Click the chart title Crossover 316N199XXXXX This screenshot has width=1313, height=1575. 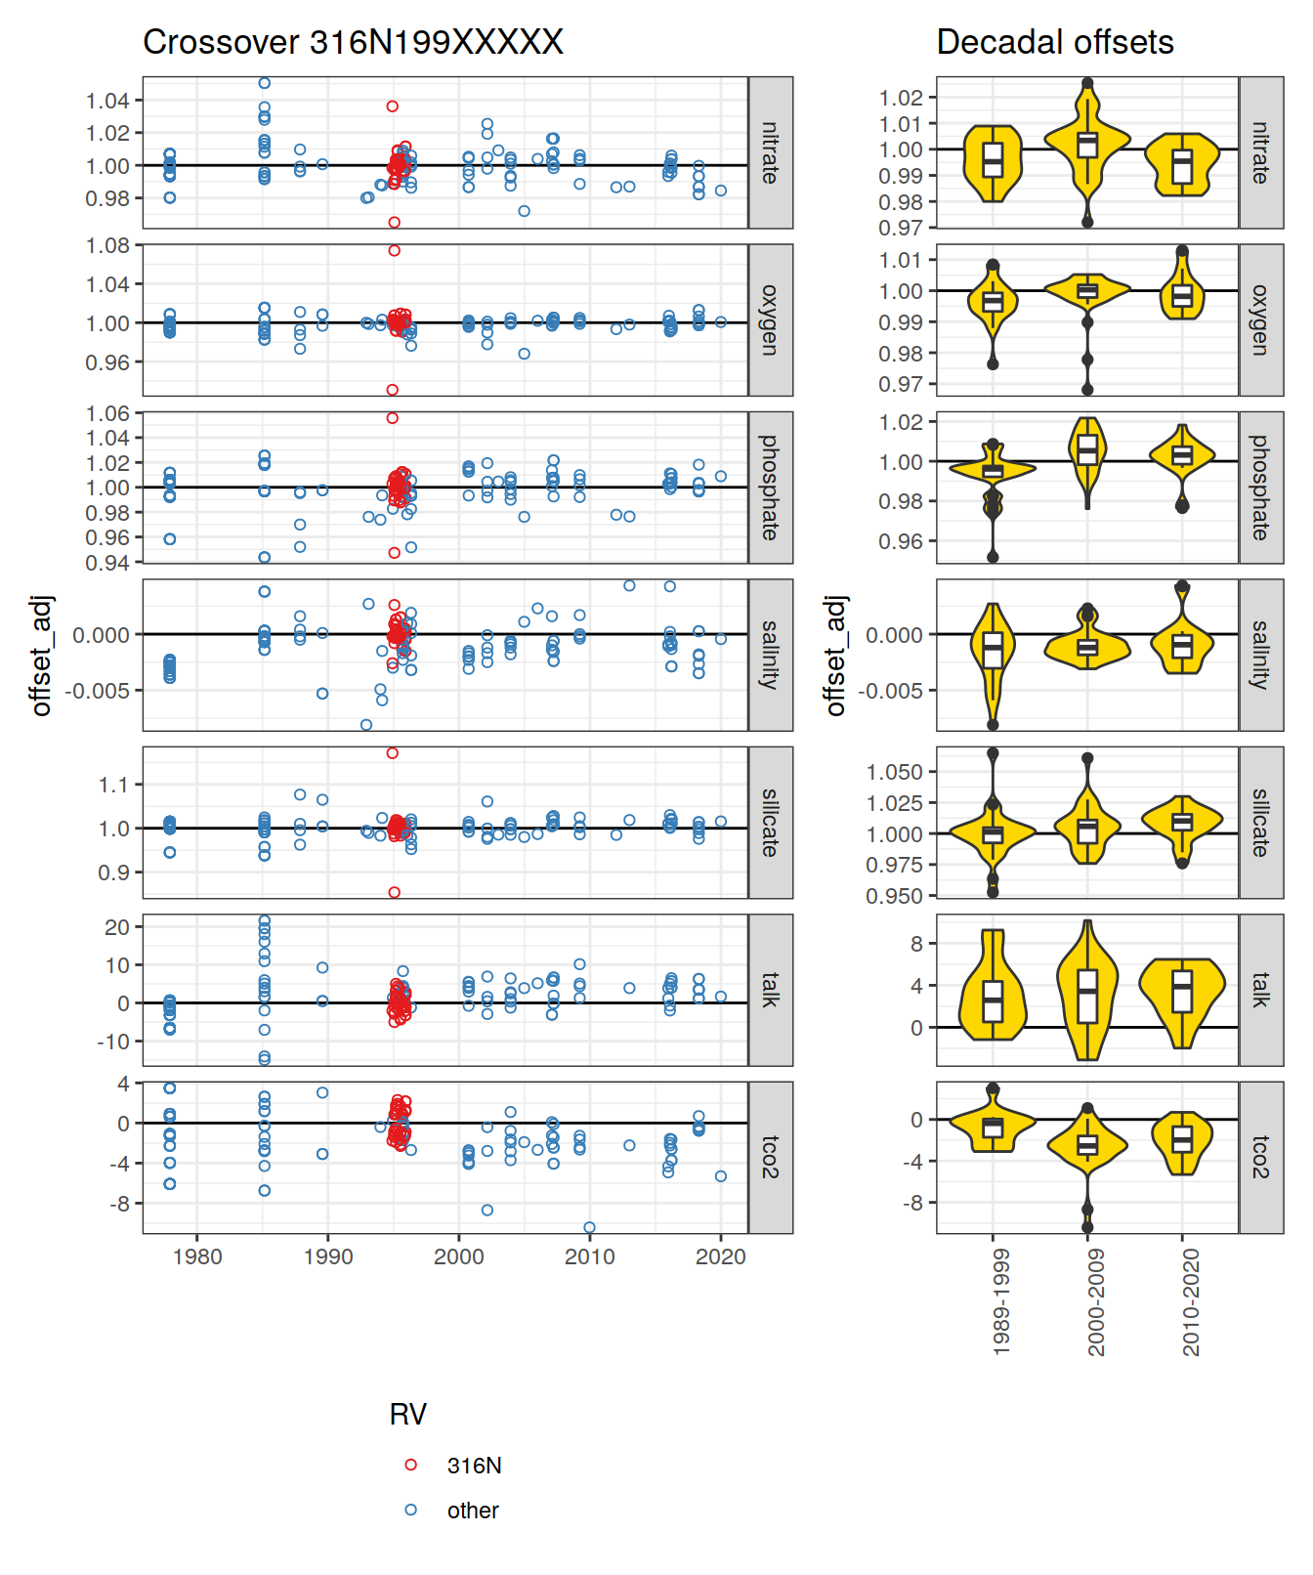point(353,42)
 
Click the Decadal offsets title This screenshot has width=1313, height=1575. point(1054,42)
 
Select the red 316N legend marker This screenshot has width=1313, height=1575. point(410,1465)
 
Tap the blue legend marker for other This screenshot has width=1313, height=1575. point(410,1510)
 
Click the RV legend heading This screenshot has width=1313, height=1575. point(407,1414)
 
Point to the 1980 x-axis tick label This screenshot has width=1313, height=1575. point(196,1256)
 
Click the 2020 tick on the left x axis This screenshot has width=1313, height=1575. point(720,1256)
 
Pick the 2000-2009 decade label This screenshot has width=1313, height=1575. point(1096,1301)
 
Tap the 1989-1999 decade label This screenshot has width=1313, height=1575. point(1001,1301)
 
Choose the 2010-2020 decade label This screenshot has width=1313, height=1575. point(1191,1301)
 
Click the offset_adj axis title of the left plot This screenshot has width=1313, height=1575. point(41,655)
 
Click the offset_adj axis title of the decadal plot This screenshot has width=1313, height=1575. point(835,655)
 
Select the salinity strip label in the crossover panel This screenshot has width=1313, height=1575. point(770,655)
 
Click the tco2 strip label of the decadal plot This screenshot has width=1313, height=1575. point(1260,1157)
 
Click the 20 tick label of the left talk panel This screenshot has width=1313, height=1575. point(117,926)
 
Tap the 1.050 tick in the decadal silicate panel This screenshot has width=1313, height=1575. point(894,772)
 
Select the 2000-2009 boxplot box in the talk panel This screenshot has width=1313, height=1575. point(1087,997)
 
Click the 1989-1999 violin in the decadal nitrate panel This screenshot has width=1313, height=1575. point(993,162)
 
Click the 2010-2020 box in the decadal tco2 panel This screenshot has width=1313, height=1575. point(1182,1139)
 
